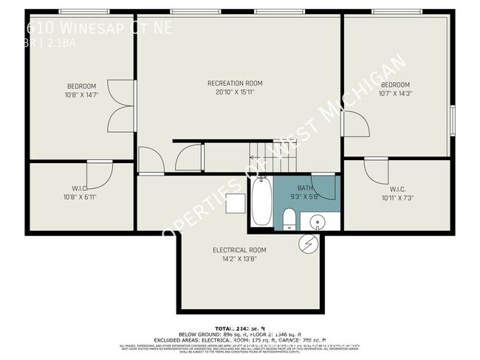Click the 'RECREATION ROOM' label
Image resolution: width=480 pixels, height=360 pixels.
[x=235, y=83]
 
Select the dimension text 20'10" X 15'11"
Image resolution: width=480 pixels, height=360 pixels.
[x=235, y=92]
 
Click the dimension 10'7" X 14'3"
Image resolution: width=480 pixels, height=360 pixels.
[x=394, y=94]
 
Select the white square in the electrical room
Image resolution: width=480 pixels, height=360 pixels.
[x=236, y=203]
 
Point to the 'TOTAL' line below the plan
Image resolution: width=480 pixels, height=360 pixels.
[x=239, y=327]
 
